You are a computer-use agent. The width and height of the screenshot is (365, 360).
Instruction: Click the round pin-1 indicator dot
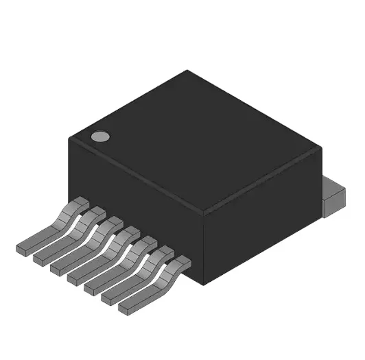[101, 136]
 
